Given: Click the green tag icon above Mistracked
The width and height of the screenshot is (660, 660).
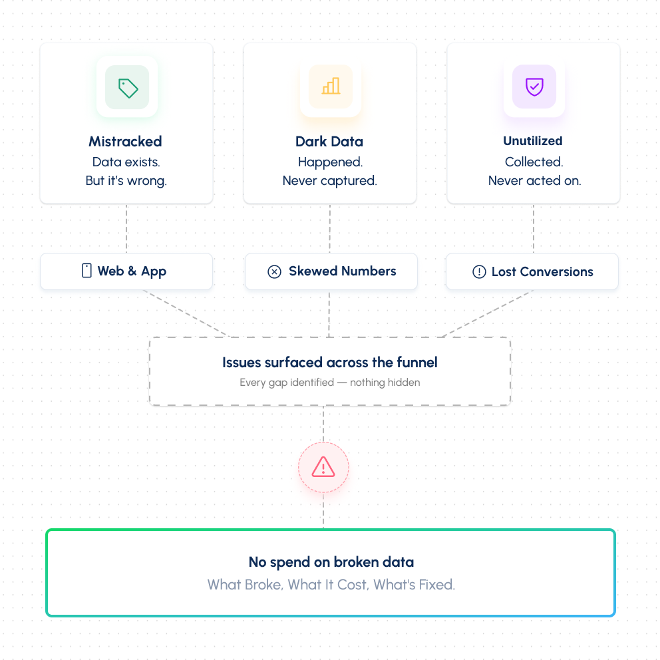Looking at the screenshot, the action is click(128, 88).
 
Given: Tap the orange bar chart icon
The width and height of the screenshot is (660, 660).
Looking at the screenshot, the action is click(331, 86).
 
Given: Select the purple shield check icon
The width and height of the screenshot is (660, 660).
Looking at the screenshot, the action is click(534, 86).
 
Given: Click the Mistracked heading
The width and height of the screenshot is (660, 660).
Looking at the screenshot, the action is click(126, 142).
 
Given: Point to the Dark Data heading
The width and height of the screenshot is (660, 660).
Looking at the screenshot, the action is click(329, 142).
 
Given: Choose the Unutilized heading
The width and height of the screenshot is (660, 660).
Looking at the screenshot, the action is click(533, 140).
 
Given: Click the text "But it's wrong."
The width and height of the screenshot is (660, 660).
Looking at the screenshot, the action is click(126, 180).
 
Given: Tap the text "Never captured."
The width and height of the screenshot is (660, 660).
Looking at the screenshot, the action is click(329, 180).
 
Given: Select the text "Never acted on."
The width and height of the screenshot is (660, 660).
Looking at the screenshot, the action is click(534, 180).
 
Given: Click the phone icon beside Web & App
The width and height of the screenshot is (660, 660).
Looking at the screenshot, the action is click(86, 271).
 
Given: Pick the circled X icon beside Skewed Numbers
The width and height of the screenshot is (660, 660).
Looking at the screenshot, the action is click(274, 272).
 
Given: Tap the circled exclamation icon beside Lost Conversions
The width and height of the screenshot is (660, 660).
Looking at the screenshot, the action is click(479, 272).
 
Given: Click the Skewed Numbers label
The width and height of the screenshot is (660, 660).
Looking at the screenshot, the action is click(343, 271).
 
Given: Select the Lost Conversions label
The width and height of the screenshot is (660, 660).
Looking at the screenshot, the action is click(542, 272).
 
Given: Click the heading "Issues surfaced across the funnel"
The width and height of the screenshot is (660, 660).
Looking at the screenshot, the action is click(330, 363).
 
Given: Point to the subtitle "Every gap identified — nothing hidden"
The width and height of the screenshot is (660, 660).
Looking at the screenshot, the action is click(330, 382).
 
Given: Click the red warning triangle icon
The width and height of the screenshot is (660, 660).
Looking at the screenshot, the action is click(323, 467).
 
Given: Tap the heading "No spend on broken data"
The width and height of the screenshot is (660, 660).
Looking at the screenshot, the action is click(331, 562).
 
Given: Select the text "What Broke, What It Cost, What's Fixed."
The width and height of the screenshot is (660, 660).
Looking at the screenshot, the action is click(331, 585).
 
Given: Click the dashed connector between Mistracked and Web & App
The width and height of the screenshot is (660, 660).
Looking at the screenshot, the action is click(126, 229).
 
